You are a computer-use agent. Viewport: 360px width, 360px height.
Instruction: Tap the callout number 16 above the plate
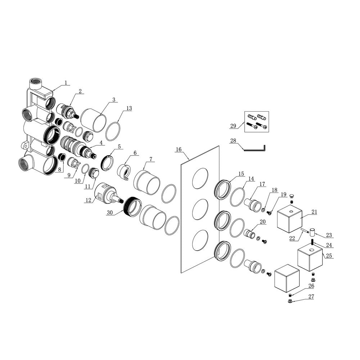click(179, 149)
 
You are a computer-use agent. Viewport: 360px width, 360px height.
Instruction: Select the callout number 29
click(233, 126)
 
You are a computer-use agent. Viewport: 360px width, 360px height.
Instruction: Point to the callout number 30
click(110, 213)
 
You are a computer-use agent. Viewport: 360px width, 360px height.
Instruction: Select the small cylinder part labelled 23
click(312, 232)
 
